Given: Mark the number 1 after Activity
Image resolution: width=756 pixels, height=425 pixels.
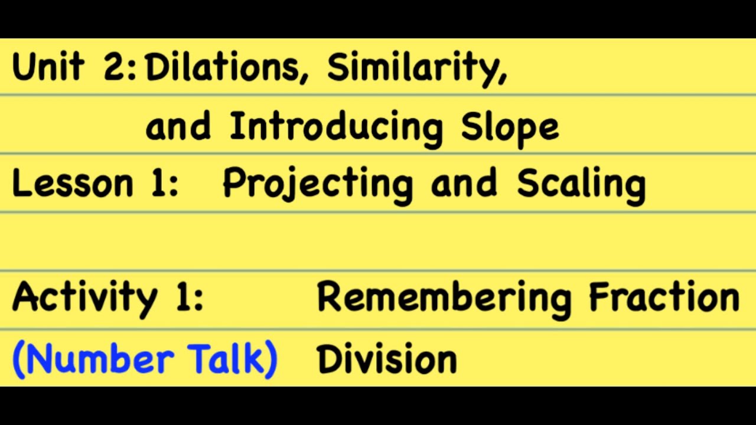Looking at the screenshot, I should (185, 297).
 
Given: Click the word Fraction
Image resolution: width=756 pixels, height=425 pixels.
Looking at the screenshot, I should (664, 297).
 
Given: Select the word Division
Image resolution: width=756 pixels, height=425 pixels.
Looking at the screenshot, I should (387, 359).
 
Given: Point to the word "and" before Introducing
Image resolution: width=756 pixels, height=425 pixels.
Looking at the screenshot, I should (178, 126).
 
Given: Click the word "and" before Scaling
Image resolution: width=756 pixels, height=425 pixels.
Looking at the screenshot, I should (464, 184).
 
